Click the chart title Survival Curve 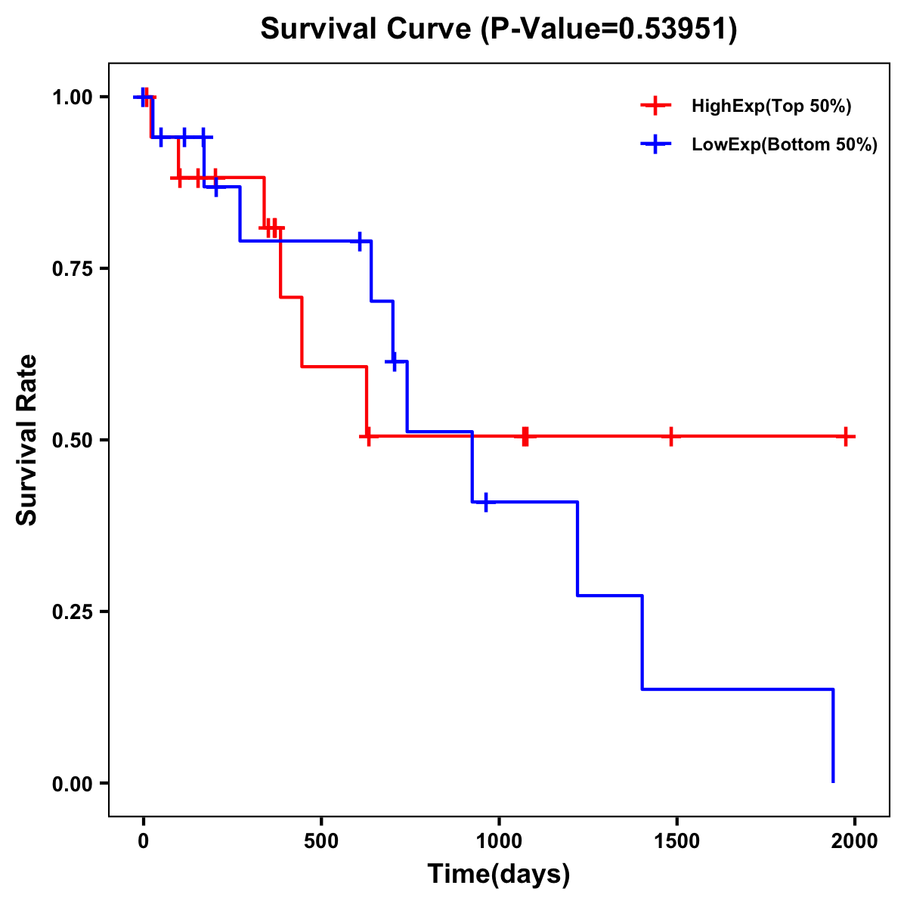tap(498, 29)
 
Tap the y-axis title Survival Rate tap(27, 440)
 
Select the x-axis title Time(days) tap(498, 874)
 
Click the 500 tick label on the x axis tap(321, 841)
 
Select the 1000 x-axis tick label tap(499, 841)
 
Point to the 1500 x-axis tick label tap(676, 841)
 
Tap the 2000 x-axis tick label tap(854, 841)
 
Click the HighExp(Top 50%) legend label tap(771, 107)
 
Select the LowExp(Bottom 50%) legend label tap(784, 145)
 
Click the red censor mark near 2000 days tap(847, 436)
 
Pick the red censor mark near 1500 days tap(670, 436)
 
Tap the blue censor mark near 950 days tap(485, 502)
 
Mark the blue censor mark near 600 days tap(360, 241)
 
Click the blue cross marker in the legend tap(655, 145)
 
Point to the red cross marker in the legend tap(655, 107)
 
